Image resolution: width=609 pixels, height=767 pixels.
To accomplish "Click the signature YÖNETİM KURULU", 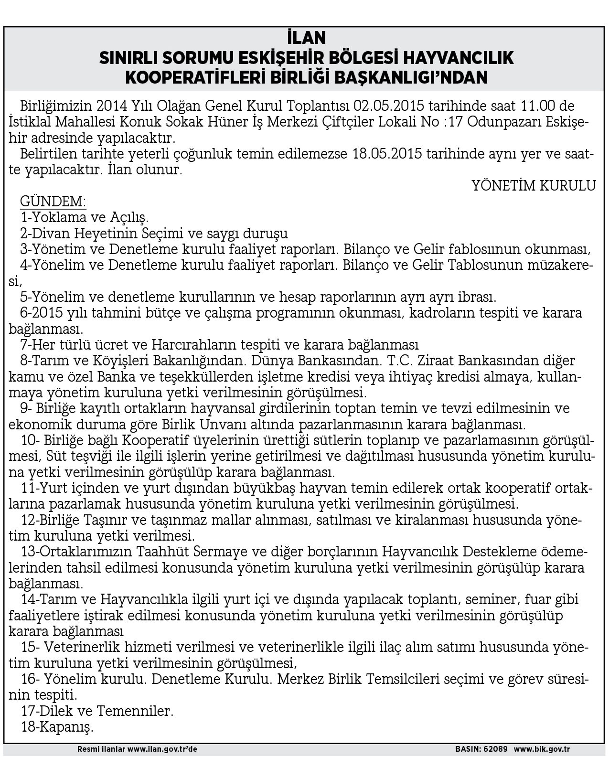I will coord(534,186).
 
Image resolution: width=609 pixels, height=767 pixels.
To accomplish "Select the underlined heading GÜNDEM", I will coord(53,202).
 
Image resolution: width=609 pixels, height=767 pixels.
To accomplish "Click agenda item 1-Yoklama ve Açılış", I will coord(85,218).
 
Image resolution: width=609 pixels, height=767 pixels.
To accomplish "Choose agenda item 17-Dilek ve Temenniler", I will coord(96,711).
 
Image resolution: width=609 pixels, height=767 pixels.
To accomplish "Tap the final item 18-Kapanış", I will coord(57,727).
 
